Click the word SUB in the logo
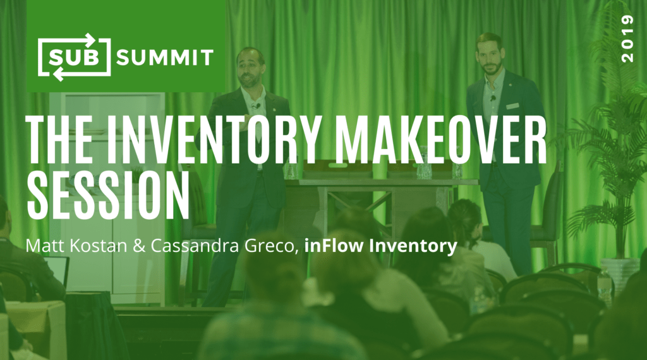point(74,57)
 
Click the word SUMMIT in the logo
point(165,57)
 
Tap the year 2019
point(627,39)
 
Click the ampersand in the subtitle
point(139,246)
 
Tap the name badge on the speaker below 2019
point(512,106)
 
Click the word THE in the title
point(59,139)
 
